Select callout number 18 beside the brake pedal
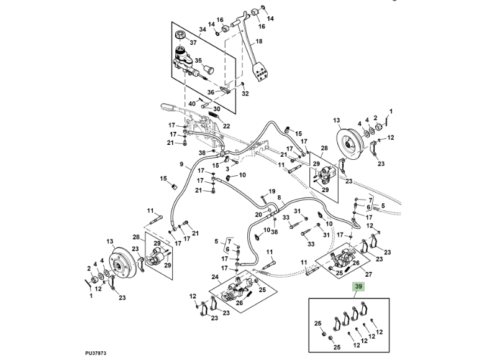pos(260,42)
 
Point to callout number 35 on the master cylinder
pos(199,60)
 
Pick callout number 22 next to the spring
pos(226,126)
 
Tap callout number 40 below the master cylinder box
pos(192,103)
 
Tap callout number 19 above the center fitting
pos(271,191)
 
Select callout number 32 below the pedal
pos(245,94)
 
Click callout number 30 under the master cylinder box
pos(217,109)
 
